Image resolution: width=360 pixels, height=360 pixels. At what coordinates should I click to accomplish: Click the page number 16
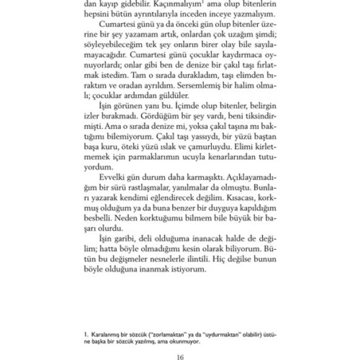pyautogui.click(x=179, y=356)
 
